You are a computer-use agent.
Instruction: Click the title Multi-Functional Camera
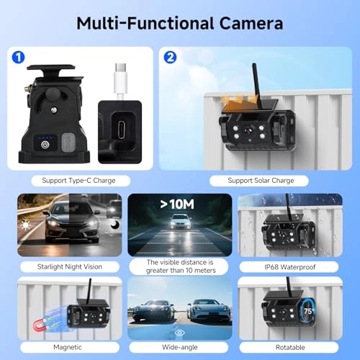(179, 23)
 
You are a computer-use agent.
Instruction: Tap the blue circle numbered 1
(19, 56)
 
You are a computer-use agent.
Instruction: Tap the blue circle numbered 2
(171, 56)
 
